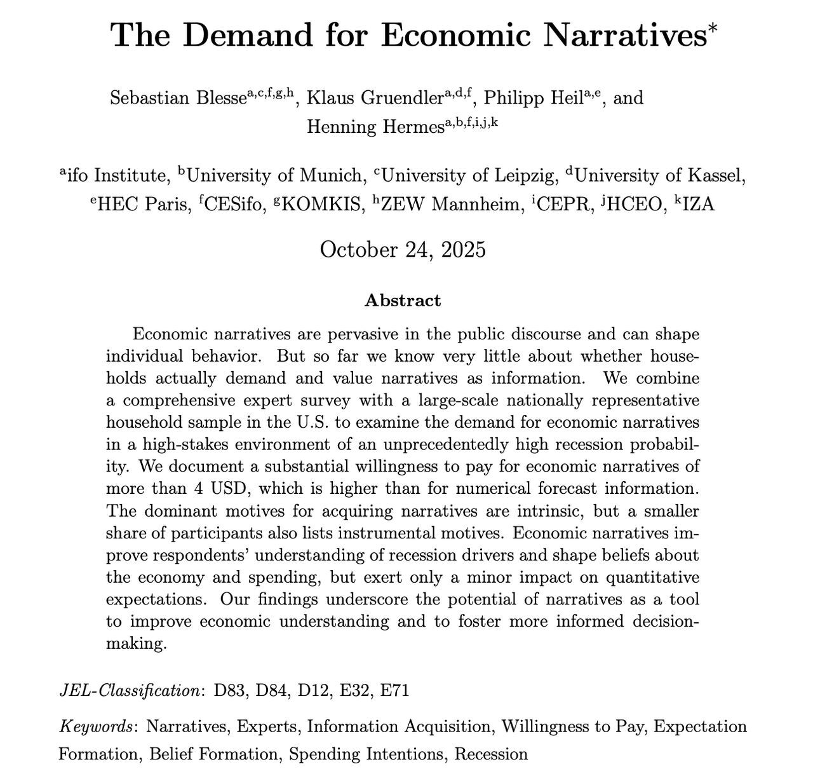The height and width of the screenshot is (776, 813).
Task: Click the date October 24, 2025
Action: [403, 249]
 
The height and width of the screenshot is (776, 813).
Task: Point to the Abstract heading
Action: [403, 301]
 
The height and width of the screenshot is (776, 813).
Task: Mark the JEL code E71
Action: [394, 690]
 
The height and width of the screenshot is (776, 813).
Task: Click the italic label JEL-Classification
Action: [129, 690]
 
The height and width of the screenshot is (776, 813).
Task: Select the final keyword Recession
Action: [491, 754]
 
